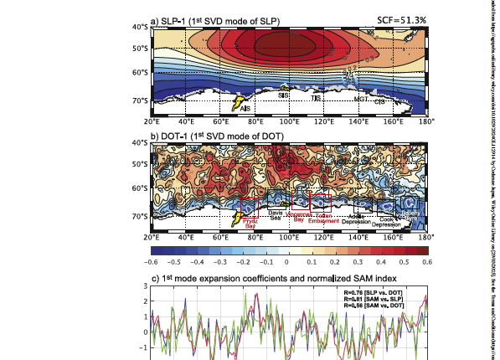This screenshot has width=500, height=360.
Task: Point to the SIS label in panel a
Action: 283,95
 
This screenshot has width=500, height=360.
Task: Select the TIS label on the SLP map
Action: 316,99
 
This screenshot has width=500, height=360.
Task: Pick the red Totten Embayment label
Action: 323,217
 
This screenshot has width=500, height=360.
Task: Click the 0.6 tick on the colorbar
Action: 426,261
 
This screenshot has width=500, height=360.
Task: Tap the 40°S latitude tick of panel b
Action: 137,143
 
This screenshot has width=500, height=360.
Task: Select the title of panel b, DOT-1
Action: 209,135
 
